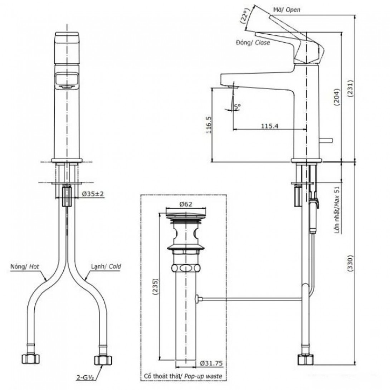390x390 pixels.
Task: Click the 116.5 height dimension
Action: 209,125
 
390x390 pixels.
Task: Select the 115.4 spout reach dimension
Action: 270,126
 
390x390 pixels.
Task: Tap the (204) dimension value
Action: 337,97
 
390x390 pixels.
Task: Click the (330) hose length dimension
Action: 350,263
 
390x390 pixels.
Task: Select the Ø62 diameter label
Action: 186,204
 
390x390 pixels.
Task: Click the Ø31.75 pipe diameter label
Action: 211,364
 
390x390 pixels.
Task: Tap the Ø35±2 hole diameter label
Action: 93,194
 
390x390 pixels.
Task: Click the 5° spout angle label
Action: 238,107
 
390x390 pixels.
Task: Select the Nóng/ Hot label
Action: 25,267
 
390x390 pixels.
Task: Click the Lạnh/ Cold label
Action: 106,267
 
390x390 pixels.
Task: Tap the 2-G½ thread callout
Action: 85,378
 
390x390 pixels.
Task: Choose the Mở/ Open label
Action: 287,10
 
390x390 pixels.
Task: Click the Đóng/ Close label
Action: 253,43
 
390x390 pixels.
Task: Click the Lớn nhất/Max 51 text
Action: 337,210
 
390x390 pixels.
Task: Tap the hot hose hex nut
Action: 31,359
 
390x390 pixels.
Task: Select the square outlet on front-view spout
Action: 67,80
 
